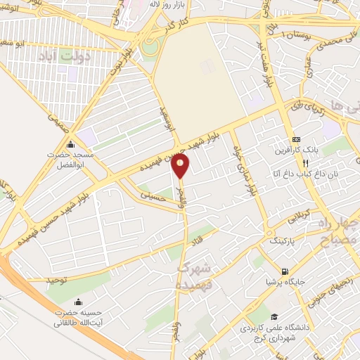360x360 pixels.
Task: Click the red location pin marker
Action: point(181,166)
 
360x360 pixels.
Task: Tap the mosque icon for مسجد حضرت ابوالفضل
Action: point(69,144)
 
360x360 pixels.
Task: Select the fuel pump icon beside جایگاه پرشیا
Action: point(284,272)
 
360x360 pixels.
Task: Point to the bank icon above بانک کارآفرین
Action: point(296,140)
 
